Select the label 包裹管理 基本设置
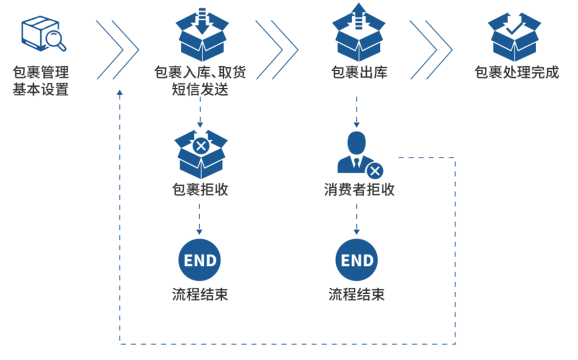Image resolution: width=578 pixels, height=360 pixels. pos(41,81)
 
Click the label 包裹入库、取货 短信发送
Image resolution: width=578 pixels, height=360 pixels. pos(200,81)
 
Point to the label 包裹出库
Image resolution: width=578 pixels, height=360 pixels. pos(359,73)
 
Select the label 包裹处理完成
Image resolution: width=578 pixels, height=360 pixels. pos(516,73)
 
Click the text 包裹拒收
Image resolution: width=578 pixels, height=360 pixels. pos(200,189)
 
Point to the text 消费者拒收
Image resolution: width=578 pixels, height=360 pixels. pos(359,189)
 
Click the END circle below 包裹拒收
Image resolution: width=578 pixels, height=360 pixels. pos(200,261)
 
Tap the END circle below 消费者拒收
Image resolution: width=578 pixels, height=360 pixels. pos(357,261)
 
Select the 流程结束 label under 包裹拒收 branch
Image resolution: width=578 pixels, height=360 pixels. pos(200,294)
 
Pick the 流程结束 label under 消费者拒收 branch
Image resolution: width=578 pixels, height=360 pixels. pos(357,294)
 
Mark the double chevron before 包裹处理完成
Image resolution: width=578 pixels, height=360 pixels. pos(431,50)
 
